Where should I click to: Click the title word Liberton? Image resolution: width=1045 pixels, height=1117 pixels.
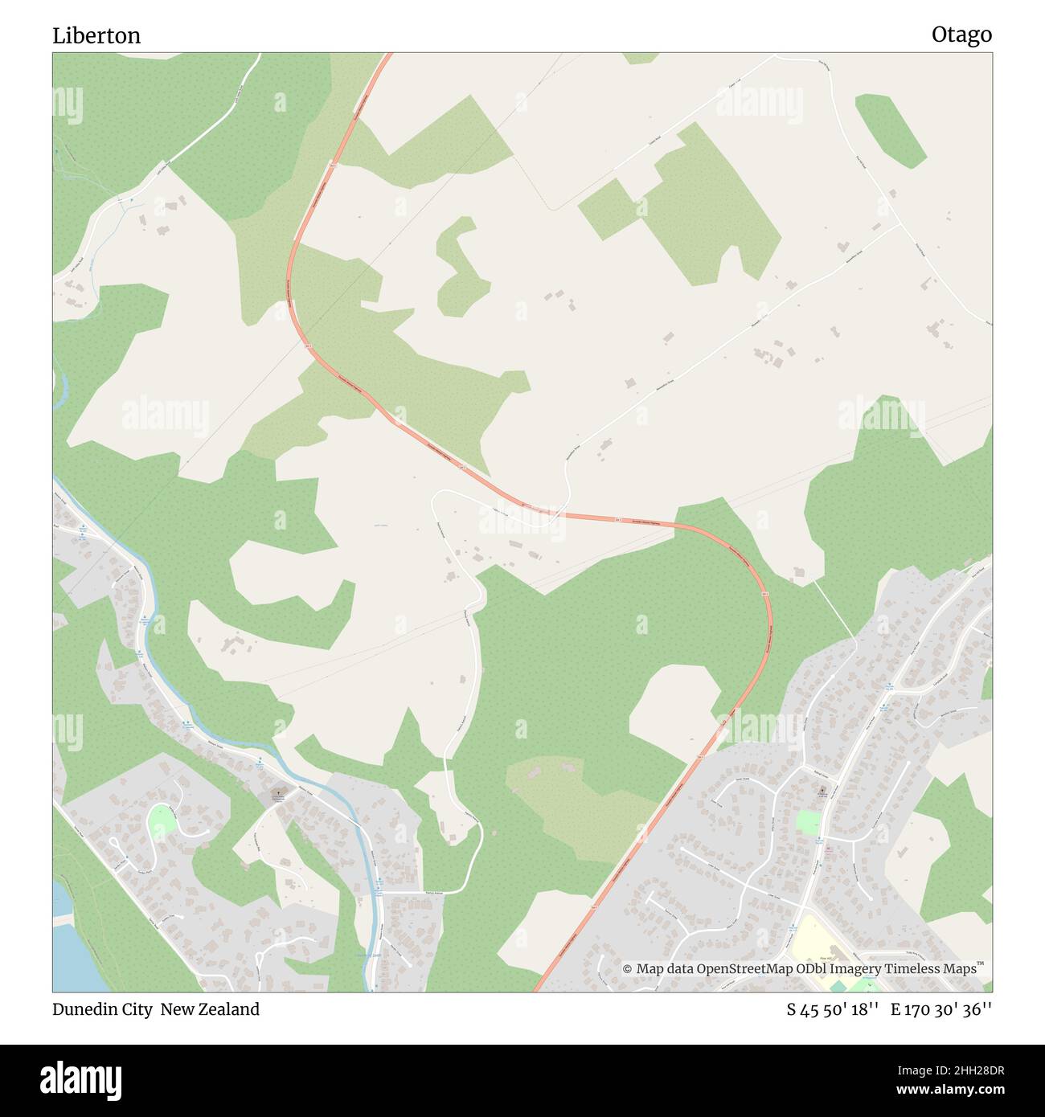coord(96,35)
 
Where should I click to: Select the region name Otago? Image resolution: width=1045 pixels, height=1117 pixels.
coord(961,35)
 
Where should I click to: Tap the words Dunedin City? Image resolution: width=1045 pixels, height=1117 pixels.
coord(102,1009)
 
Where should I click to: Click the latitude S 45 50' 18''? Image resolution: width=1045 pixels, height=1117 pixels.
coord(832,1010)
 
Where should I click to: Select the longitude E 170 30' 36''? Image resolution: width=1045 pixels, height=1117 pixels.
coord(940,1010)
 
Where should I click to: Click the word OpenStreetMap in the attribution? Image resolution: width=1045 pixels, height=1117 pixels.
coord(747,968)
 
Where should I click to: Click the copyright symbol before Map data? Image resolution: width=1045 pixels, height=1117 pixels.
coord(628,969)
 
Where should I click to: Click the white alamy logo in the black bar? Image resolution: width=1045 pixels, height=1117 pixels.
coord(80,1078)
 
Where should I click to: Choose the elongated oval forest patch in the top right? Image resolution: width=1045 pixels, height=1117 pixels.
coord(890,131)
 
